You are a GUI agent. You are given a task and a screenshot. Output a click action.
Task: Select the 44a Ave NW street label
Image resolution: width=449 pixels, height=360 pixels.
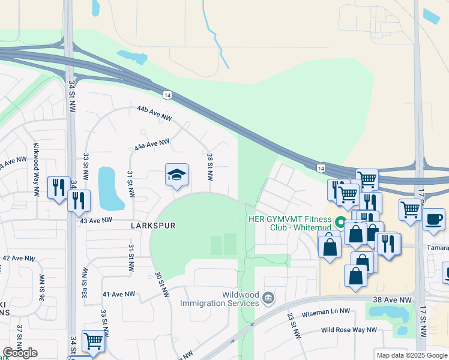[x=152, y=144]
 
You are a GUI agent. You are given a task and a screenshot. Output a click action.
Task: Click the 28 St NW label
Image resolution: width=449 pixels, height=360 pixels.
[x=210, y=167]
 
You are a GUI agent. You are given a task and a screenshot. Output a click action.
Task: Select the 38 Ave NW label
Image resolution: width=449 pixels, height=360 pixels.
[x=397, y=299]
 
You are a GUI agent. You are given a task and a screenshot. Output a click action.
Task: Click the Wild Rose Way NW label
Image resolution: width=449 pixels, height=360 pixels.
[x=349, y=329]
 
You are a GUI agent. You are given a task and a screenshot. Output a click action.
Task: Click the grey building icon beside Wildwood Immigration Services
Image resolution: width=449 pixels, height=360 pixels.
[x=268, y=298]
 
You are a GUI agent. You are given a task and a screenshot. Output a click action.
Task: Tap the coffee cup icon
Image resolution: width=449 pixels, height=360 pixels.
[x=432, y=218]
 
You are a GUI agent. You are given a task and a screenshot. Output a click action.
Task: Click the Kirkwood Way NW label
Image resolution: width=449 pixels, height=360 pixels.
[x=36, y=179]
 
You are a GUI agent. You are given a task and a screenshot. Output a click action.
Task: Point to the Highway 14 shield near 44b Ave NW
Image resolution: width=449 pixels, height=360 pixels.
[x=167, y=95]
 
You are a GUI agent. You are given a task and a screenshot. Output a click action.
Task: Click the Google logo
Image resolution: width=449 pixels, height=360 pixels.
[x=20, y=353]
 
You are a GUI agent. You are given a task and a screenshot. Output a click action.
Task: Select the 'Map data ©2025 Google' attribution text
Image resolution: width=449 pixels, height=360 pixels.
[x=411, y=355]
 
